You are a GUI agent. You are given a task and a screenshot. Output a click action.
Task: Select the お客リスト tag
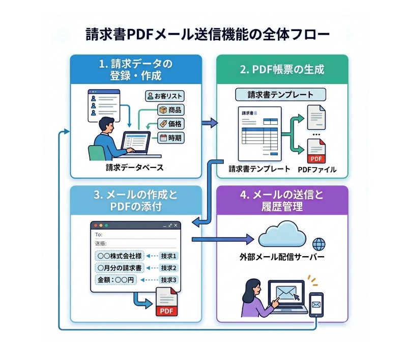(164, 96)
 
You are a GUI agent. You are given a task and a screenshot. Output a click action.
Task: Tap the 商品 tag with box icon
(170, 109)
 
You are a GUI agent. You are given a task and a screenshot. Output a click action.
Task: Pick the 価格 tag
(170, 123)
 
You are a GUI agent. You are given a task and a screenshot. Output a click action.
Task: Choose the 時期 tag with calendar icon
(170, 137)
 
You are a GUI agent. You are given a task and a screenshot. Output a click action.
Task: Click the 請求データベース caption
(130, 167)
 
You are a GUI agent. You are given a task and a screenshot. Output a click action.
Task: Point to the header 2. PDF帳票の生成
(282, 69)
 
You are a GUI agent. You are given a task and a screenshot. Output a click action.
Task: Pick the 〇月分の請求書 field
(120, 268)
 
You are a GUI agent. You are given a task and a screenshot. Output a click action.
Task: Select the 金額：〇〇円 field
(115, 280)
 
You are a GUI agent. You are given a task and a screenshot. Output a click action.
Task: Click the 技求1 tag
(168, 256)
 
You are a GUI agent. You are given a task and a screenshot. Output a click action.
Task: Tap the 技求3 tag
(168, 280)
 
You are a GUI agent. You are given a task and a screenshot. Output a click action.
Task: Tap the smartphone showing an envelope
(317, 304)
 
